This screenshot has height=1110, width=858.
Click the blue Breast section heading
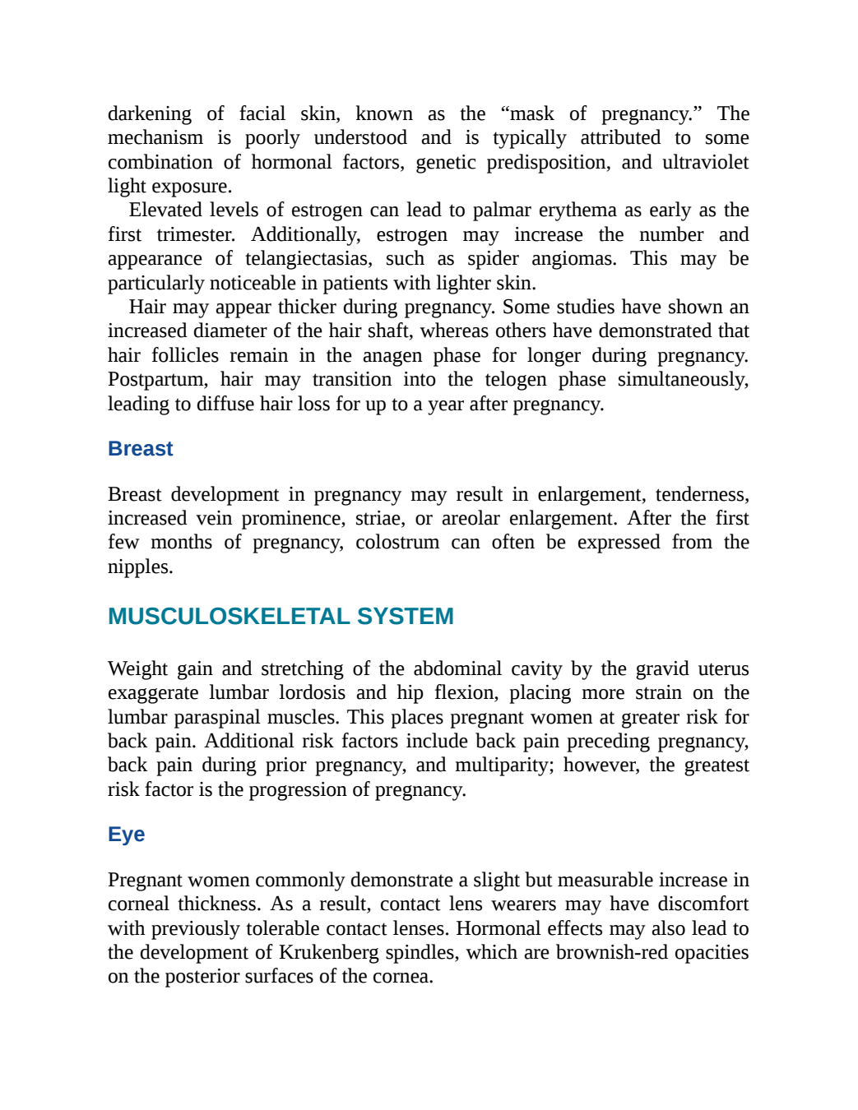(x=141, y=448)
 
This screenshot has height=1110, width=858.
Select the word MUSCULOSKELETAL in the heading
(x=229, y=616)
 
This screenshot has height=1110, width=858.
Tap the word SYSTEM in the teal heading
(x=406, y=616)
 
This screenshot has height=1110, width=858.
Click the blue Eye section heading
(x=126, y=835)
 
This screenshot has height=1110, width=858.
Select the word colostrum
(x=397, y=543)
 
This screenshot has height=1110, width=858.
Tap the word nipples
(x=140, y=567)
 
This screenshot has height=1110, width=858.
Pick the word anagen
(x=392, y=356)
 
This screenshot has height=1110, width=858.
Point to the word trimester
(x=196, y=235)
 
